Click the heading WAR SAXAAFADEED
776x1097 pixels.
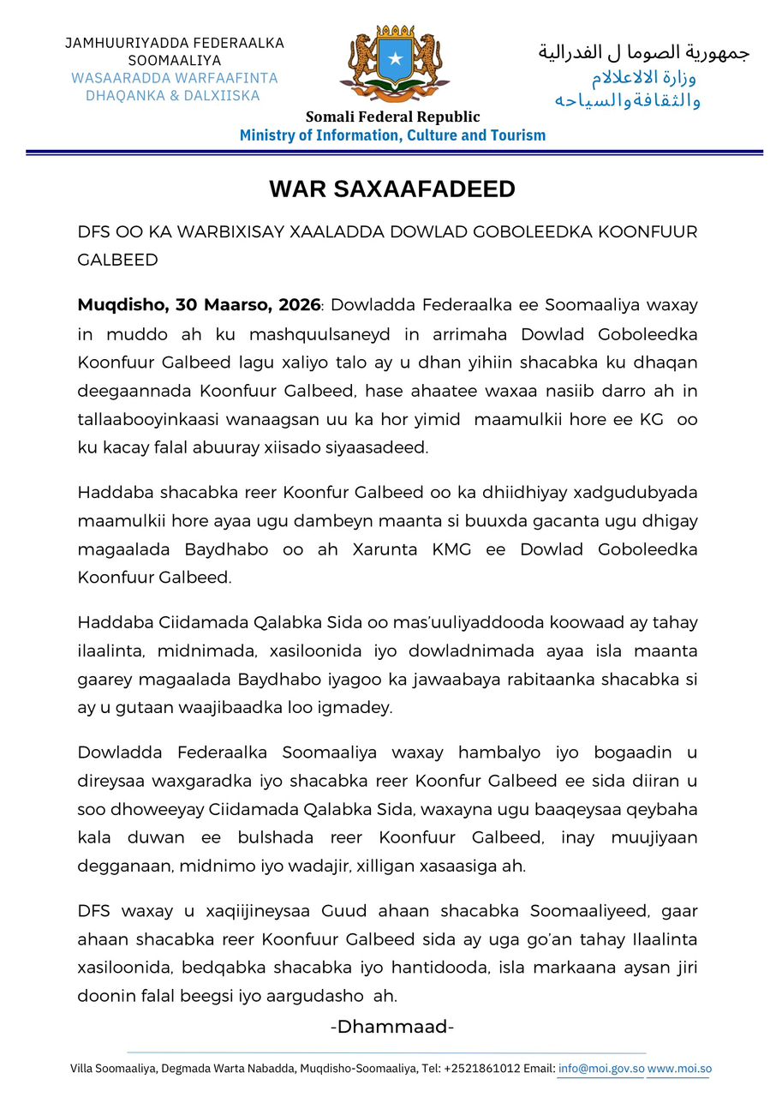[392, 189]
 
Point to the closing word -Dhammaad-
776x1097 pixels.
[392, 1027]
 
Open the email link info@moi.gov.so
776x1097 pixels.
[600, 1069]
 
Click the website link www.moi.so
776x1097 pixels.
[679, 1069]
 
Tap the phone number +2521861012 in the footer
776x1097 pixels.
[483, 1069]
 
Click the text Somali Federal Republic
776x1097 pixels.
[393, 117]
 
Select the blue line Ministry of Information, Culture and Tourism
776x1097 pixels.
[392, 135]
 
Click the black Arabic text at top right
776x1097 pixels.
[643, 52]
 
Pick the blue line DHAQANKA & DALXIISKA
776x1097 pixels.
[173, 95]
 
